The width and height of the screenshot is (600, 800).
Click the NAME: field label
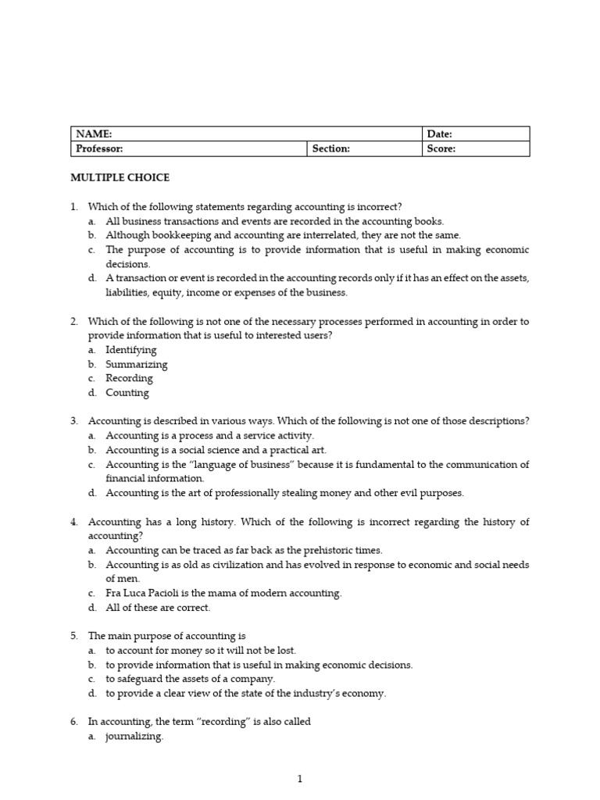point(94,134)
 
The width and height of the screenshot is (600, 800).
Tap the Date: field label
point(440,134)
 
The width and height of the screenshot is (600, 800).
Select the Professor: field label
point(100,148)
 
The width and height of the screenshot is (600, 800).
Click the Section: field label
point(331,148)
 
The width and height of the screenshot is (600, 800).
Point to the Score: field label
point(441,148)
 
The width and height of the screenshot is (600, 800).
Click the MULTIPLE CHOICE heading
point(120,178)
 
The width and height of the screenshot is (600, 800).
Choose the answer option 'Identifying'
point(131,350)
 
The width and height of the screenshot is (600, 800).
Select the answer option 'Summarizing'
point(137,364)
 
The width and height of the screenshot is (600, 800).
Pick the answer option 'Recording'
point(130,378)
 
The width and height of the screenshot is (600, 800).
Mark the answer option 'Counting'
point(127,393)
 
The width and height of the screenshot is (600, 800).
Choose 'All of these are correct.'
point(159,607)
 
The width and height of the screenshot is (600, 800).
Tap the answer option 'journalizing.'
point(135,736)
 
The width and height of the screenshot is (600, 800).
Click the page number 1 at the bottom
point(300,779)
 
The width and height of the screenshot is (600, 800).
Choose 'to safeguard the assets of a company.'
point(191,679)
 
